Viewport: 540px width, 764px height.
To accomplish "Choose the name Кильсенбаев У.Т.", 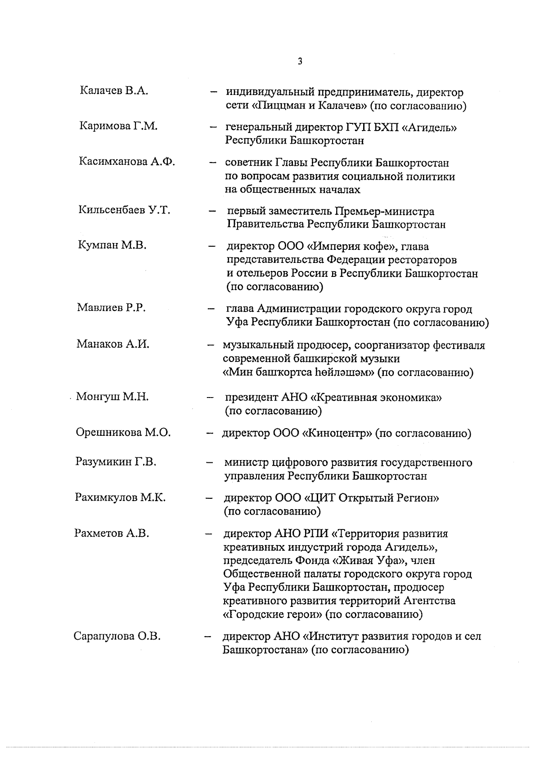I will click(124, 210).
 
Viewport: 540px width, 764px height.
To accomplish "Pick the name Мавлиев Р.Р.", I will click(111, 308).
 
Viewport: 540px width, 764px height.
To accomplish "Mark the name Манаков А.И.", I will click(112, 344).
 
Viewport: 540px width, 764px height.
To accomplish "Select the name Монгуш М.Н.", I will click(112, 397).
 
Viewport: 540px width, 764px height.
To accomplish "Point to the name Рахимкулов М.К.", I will click(120, 497).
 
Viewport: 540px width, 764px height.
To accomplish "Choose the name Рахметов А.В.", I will click(112, 533).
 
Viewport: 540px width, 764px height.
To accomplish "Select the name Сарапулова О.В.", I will click(117, 636).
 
